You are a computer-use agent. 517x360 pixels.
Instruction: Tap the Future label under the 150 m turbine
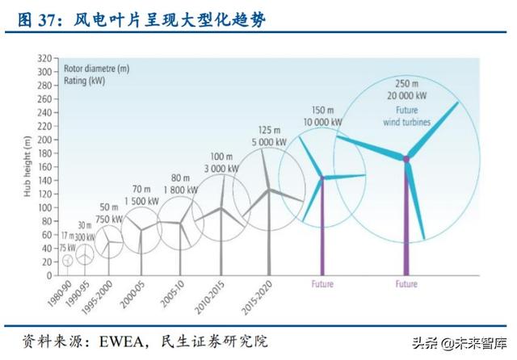pyautogui.click(x=322, y=284)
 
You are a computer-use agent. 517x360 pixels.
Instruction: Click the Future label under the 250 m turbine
pyautogui.click(x=406, y=284)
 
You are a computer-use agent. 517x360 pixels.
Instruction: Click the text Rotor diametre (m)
pyautogui.click(x=96, y=69)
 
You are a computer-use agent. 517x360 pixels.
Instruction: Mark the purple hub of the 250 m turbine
pyautogui.click(x=406, y=159)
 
